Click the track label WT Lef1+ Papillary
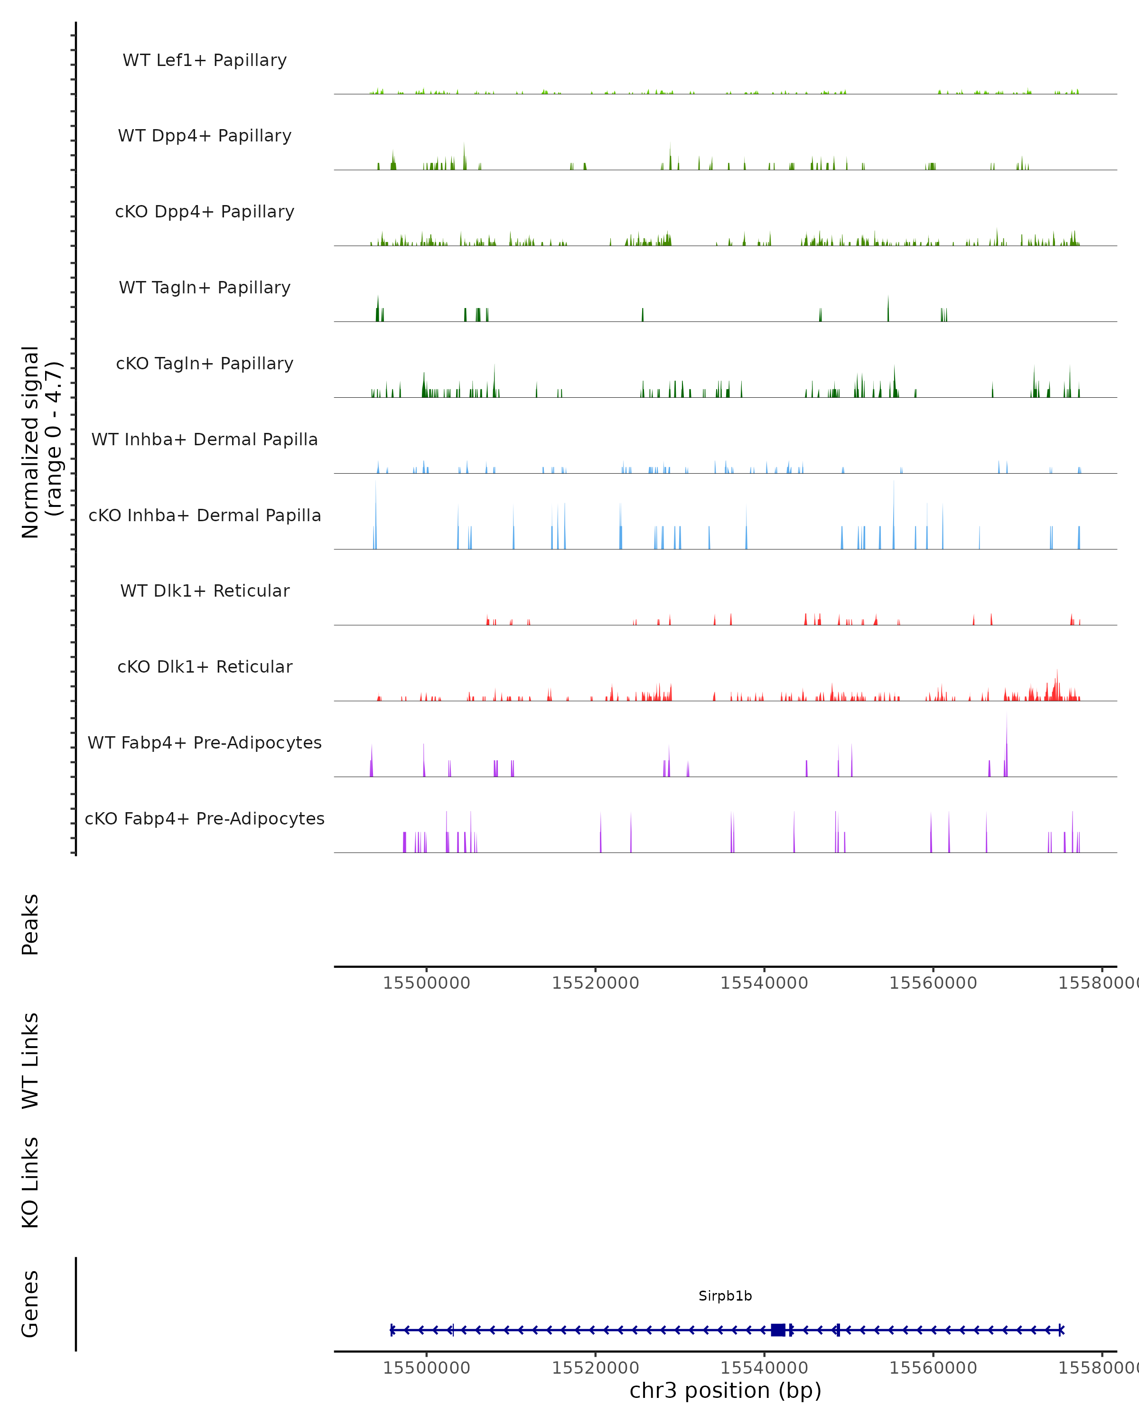coord(205,60)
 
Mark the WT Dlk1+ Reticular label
coord(205,590)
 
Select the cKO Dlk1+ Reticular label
coord(205,666)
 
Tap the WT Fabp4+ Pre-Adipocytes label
coord(205,742)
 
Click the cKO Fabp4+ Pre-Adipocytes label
coord(205,818)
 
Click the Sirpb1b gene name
coord(725,1296)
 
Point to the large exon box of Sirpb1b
coord(778,1330)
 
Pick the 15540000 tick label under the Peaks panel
coord(764,983)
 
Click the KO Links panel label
coord(30,1182)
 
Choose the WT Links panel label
coord(30,1061)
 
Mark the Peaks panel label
coord(30,924)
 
